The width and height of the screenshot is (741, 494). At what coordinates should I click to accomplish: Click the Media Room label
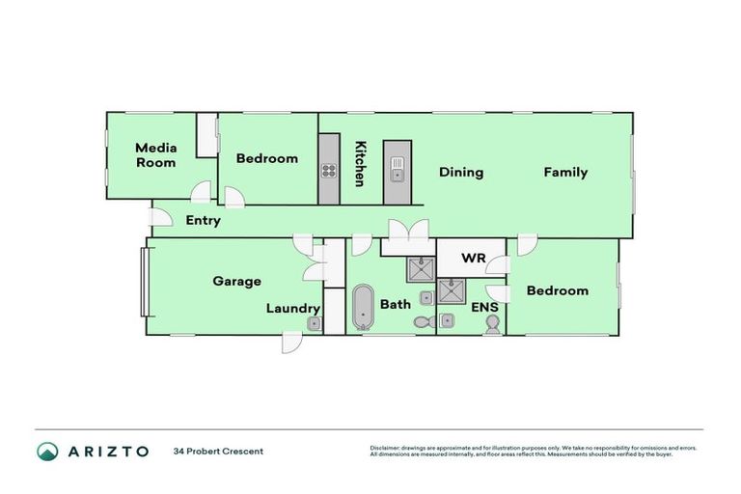(x=155, y=154)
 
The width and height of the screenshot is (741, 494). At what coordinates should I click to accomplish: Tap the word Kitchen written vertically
(x=360, y=163)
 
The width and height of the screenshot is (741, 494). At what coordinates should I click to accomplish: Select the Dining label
(x=460, y=173)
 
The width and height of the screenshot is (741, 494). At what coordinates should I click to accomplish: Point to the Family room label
(x=565, y=173)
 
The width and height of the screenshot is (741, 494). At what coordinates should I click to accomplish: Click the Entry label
(x=203, y=220)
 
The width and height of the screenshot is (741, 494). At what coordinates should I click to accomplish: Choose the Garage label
(x=236, y=282)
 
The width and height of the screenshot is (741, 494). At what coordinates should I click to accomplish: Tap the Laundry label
(x=292, y=309)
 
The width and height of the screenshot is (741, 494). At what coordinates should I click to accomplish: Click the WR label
(x=473, y=259)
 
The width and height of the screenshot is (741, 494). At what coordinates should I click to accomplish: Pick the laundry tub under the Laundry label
(x=314, y=324)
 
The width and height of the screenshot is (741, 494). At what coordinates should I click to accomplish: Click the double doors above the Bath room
(x=406, y=233)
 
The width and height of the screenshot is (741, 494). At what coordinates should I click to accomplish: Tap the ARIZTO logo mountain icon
(x=47, y=451)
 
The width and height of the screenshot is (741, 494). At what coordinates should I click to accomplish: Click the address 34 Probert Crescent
(x=218, y=451)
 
